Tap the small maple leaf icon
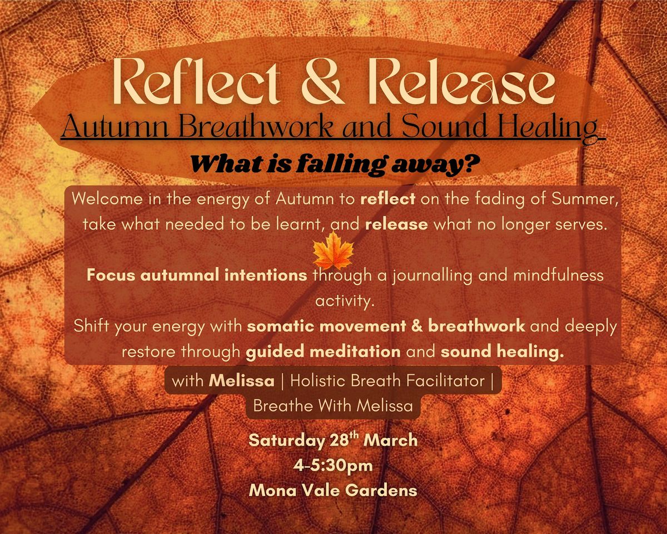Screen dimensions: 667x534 333,251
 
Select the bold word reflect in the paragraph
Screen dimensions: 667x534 388,199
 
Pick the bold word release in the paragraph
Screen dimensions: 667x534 396,225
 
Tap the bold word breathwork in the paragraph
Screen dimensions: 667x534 477,326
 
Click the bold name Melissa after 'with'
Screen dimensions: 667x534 242,381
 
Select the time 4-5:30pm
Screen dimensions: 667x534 333,466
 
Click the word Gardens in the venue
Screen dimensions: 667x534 381,491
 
